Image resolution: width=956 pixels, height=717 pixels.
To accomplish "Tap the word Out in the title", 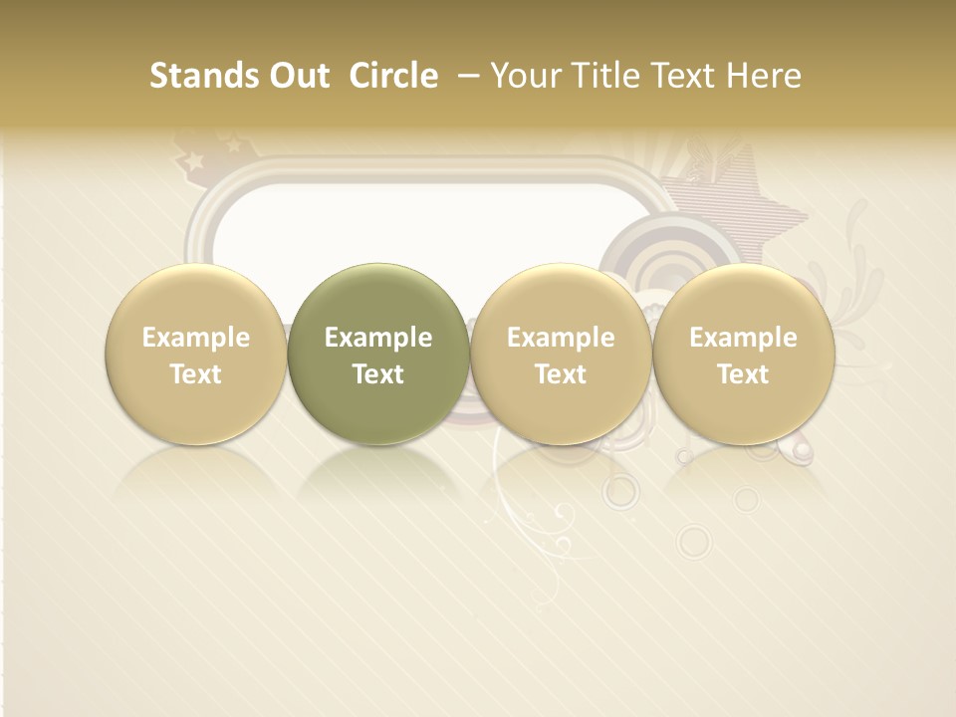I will pyautogui.click(x=296, y=76).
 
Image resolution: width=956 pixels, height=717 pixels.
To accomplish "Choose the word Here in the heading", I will pyautogui.click(x=764, y=76).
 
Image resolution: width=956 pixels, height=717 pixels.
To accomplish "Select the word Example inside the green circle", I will pyautogui.click(x=378, y=338).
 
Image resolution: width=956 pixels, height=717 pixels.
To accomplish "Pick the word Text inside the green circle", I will pyautogui.click(x=378, y=374).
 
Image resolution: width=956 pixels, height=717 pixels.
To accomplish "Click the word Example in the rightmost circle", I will pyautogui.click(x=744, y=338).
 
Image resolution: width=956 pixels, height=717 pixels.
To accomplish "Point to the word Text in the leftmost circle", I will pyautogui.click(x=195, y=374).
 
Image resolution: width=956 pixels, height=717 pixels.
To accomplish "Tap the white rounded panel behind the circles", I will pyautogui.click(x=418, y=224).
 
